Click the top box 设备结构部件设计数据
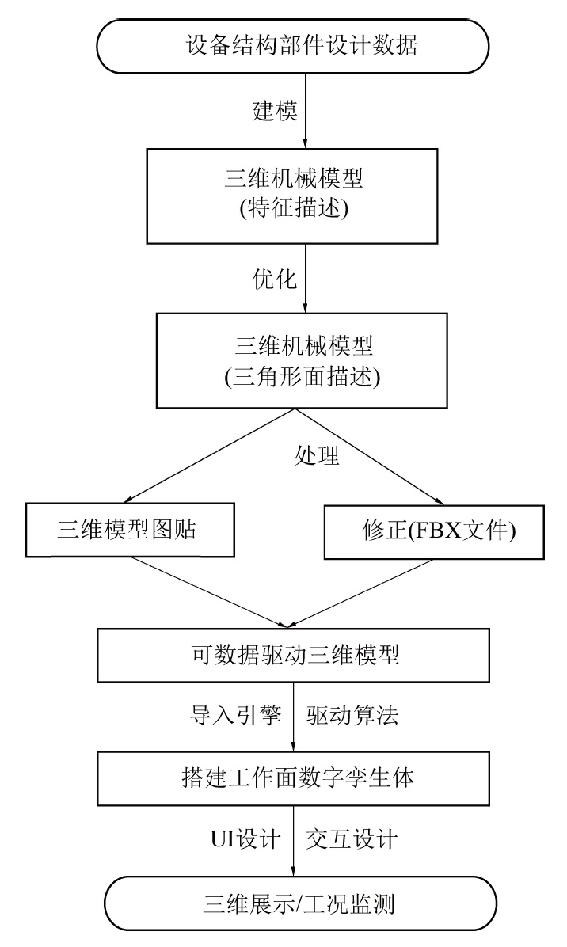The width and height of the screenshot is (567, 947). click(294, 45)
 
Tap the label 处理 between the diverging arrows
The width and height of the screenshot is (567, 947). click(317, 458)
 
